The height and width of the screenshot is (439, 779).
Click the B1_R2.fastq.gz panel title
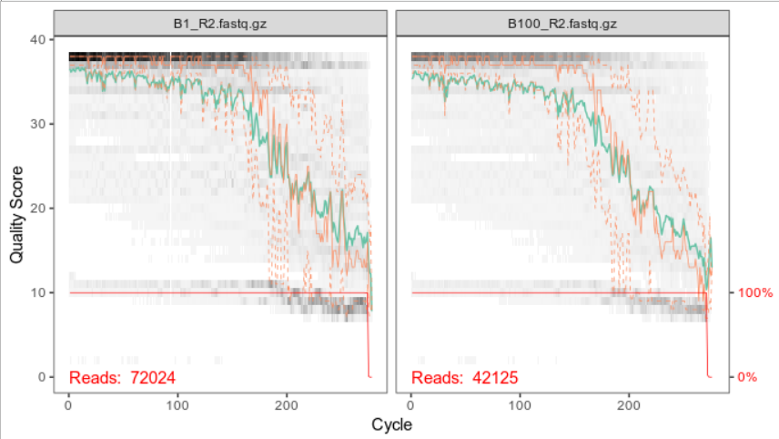point(220,24)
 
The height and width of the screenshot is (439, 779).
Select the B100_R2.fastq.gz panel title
point(562,24)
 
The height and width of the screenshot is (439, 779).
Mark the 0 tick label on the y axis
point(42,377)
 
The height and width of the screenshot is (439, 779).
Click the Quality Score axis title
point(16,215)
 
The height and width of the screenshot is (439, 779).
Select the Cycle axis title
point(391,424)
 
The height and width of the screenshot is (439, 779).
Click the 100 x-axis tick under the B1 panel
point(177,405)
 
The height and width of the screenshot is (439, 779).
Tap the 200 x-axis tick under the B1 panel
point(287,405)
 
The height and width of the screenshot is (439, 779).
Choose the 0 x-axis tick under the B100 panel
point(410,405)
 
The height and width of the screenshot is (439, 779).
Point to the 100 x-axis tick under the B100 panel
point(520,405)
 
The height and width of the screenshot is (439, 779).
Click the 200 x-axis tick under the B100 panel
point(629,405)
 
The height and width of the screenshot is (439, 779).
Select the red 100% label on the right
point(755,293)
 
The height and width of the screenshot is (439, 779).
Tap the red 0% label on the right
point(747,377)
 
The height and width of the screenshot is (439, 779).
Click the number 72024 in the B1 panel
point(153,378)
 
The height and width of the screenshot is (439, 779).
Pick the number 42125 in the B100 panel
point(495,378)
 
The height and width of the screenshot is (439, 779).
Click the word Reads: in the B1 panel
point(95,378)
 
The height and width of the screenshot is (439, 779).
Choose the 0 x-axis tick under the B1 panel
point(68,405)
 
